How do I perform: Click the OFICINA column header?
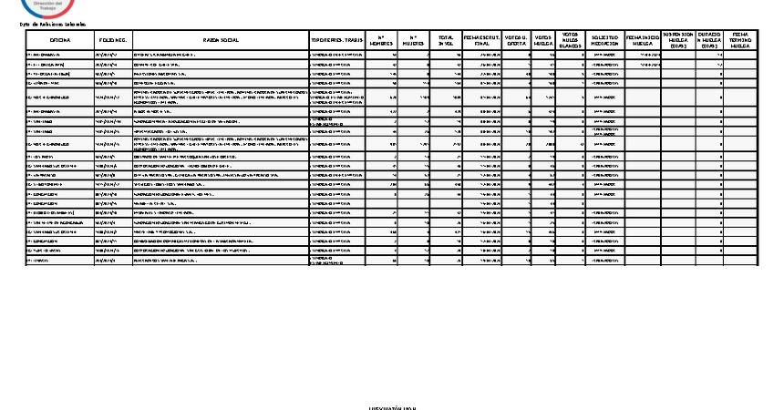(59, 41)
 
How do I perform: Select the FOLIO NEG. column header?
(112, 41)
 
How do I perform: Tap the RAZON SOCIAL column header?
(220, 41)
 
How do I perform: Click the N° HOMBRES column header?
(381, 41)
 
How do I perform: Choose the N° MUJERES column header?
(414, 41)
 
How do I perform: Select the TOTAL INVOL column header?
(446, 41)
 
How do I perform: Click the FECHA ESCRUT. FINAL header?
(480, 41)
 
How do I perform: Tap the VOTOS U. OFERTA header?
(515, 41)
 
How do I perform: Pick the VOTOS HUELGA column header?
(543, 41)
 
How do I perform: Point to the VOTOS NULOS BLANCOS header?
(570, 40)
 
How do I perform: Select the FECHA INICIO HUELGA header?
(643, 41)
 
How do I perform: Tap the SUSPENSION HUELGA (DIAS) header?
(678, 41)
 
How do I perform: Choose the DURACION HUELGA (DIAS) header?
(709, 41)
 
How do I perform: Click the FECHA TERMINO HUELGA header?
(740, 41)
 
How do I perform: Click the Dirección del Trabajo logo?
(44, 7)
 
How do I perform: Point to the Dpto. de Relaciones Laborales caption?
(51, 25)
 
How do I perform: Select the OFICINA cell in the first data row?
(59, 55)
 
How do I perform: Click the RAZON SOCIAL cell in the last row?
(220, 261)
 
